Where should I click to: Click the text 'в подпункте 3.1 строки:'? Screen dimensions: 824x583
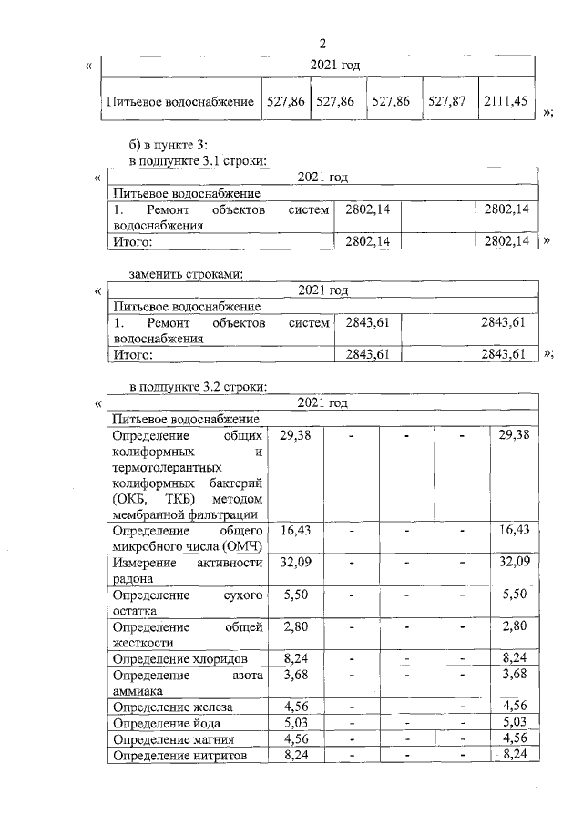pyautogui.click(x=198, y=161)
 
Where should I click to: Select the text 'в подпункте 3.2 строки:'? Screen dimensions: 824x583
pyautogui.click(x=198, y=386)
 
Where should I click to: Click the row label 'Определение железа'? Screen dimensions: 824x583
pyautogui.click(x=171, y=706)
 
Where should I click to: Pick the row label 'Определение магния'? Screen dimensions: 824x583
pyautogui.click(x=169, y=738)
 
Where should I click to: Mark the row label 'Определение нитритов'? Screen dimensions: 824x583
pyautogui.click(x=177, y=754)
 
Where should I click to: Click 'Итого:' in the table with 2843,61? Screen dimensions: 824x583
pyautogui.click(x=131, y=354)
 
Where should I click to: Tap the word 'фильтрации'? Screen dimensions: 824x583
pyautogui.click(x=232, y=514)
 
